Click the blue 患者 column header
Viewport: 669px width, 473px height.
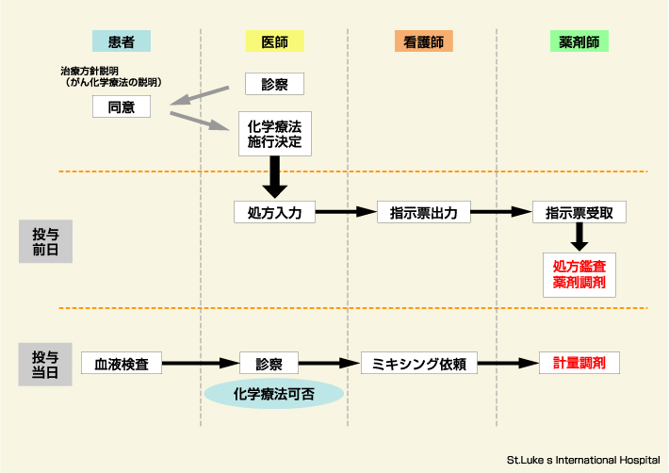(x=122, y=41)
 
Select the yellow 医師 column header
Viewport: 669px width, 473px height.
(x=274, y=41)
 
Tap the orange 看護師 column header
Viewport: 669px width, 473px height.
(x=423, y=41)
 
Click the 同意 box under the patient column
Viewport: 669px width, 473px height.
(x=122, y=106)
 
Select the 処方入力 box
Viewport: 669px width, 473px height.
(x=274, y=212)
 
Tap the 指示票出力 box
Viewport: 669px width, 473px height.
(x=423, y=212)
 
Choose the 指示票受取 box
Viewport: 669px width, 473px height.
(x=579, y=212)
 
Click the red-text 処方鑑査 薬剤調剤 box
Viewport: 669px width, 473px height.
(x=579, y=274)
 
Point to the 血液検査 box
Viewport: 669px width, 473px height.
(x=122, y=363)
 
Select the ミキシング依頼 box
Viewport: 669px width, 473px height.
(x=419, y=363)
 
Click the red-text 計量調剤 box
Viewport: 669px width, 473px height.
(x=579, y=363)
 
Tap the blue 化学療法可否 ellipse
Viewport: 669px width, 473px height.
(x=274, y=391)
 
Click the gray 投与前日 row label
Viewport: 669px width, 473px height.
(x=45, y=241)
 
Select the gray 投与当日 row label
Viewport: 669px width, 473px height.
(x=45, y=364)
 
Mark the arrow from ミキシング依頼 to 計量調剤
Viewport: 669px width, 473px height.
(x=508, y=363)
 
